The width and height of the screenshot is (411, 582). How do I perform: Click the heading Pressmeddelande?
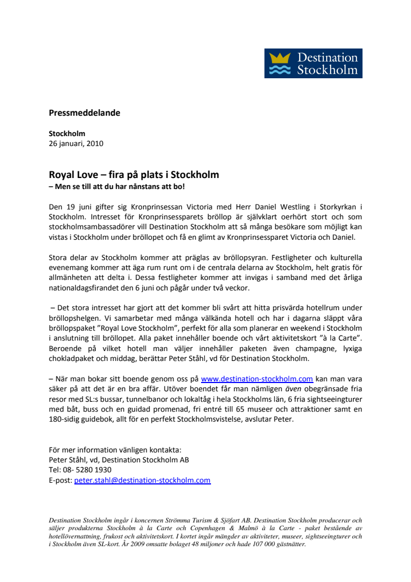(x=84, y=113)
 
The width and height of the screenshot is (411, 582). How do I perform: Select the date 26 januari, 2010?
(x=76, y=143)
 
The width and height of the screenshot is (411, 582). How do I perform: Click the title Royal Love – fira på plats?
(x=134, y=175)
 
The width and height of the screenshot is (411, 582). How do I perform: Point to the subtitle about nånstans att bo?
(x=117, y=186)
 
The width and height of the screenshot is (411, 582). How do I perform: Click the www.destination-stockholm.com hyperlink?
(x=257, y=379)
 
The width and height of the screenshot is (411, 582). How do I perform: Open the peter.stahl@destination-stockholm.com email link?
(x=142, y=480)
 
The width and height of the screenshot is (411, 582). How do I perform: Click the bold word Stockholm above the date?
(x=67, y=133)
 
